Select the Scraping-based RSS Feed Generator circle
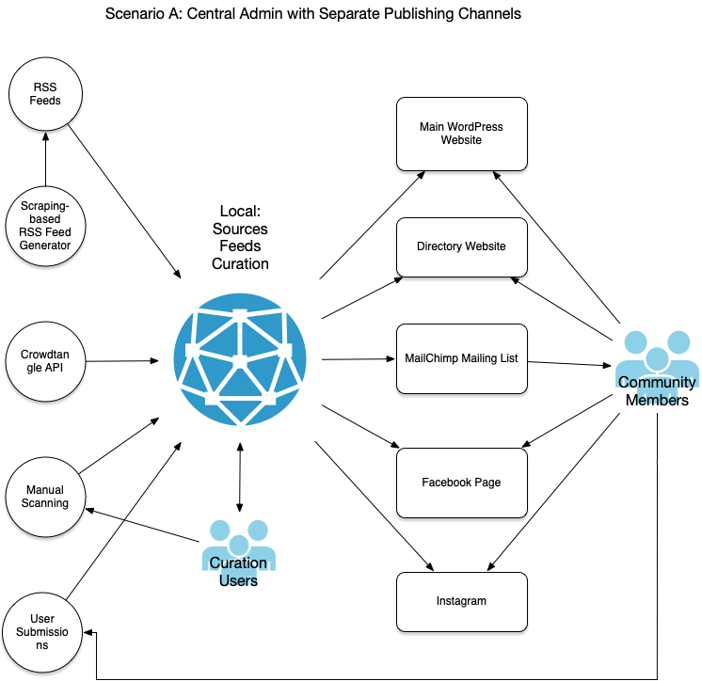45,226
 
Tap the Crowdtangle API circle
45,359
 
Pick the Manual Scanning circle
45,496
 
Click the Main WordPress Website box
461,133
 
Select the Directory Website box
461,246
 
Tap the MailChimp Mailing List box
461,358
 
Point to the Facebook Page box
461,483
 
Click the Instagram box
461,601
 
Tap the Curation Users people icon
239,550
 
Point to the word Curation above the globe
240,263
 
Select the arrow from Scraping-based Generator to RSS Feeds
45,160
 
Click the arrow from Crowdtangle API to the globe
122,360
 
